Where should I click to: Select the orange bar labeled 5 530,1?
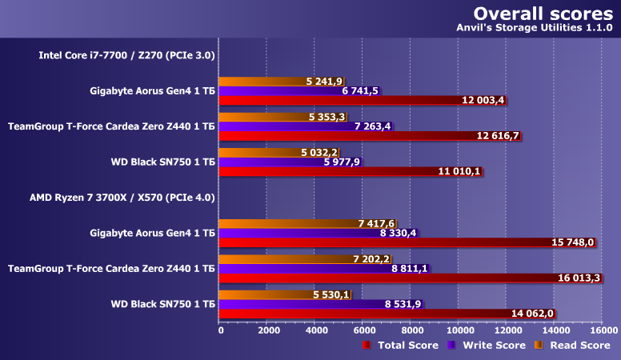(x=264, y=295)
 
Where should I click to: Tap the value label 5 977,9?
(x=342, y=162)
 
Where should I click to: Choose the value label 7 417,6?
(x=376, y=224)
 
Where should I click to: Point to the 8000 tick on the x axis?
(x=411, y=330)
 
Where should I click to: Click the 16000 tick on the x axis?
(x=602, y=330)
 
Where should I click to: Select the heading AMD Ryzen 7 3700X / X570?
(x=122, y=196)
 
